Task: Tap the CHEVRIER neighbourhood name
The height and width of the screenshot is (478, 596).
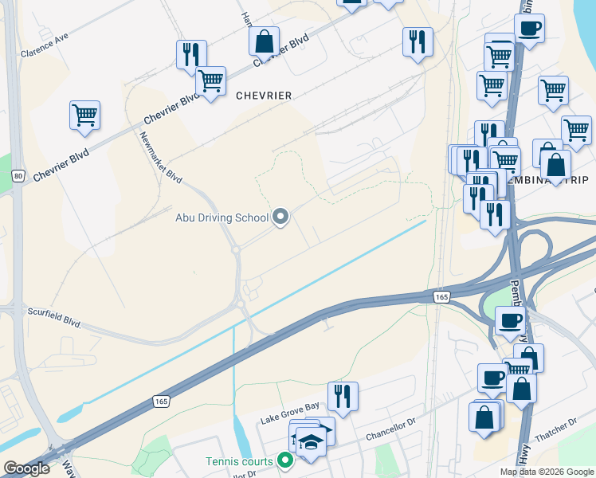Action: pos(264,96)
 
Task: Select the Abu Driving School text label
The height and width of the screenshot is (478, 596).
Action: pos(222,217)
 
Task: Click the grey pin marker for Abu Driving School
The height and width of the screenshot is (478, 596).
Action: pos(280,217)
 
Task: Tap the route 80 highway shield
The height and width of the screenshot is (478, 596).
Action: pos(18,174)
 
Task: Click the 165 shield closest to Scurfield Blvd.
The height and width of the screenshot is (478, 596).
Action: pos(160,403)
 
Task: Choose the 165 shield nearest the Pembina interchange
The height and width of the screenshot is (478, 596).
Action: pos(442,296)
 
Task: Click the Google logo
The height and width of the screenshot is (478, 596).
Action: pos(26,469)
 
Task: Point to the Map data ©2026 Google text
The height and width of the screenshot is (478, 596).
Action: pos(547,472)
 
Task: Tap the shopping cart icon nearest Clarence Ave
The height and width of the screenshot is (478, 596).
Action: pos(84,116)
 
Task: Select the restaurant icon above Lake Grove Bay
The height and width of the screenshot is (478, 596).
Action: pos(343,396)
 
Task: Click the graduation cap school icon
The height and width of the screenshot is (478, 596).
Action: pos(311,441)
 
